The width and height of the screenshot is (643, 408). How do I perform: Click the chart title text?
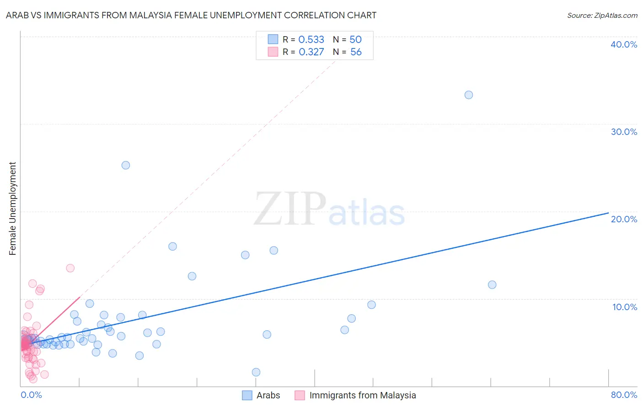click(191, 15)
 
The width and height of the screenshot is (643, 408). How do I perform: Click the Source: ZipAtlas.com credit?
click(602, 15)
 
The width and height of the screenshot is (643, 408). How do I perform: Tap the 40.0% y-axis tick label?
click(623, 44)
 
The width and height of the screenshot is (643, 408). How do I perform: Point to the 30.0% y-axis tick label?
click(623, 132)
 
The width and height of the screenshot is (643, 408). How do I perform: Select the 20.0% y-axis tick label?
click(623, 219)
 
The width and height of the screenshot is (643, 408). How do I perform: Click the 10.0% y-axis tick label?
click(624, 307)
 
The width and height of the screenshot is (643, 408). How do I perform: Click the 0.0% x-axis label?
click(31, 395)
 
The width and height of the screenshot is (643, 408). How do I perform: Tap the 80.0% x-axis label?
click(624, 395)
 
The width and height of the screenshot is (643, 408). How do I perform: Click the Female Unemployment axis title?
click(12, 209)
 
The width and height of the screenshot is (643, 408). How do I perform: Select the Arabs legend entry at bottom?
click(261, 395)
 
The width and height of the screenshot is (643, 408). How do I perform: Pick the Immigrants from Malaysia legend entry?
click(355, 395)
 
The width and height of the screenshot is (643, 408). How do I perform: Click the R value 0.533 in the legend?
click(311, 40)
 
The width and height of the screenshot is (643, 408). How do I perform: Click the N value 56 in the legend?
click(356, 52)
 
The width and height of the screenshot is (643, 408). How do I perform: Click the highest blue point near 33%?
click(468, 95)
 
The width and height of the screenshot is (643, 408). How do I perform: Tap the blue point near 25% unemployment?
click(126, 165)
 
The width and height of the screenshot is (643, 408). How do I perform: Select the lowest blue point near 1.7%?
click(256, 372)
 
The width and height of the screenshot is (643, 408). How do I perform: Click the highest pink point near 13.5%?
click(70, 268)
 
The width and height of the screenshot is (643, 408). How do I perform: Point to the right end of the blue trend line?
click(608, 213)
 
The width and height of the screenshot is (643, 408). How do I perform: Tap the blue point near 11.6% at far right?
click(492, 285)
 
